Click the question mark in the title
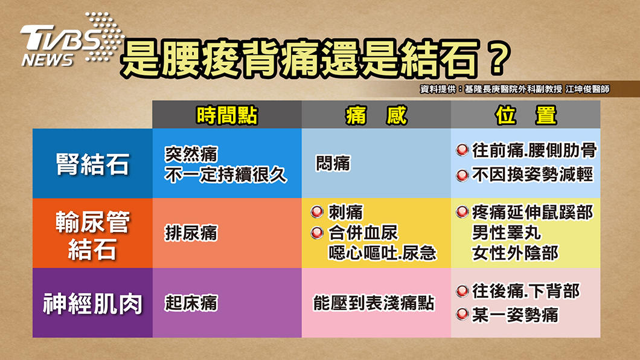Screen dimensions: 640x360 (498, 58)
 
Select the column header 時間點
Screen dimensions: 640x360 (227, 115)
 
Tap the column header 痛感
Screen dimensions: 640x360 (376, 115)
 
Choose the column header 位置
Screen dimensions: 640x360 (526, 115)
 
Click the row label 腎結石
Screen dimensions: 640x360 (92, 164)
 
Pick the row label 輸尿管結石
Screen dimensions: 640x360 (92, 236)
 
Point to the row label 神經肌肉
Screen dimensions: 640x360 (92, 304)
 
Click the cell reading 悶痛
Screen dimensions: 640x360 (333, 163)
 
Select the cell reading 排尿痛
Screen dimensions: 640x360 (191, 233)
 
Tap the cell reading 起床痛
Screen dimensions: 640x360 (191, 303)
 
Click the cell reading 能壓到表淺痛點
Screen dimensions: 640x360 (374, 303)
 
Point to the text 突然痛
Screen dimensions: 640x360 (191, 154)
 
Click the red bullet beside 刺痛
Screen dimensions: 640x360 (317, 212)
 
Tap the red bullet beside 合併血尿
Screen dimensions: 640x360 (317, 233)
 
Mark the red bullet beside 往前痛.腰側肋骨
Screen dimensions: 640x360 (462, 150)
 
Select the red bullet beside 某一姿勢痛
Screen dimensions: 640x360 (462, 315)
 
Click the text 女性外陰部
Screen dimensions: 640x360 (515, 253)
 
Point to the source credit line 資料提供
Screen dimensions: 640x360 (514, 89)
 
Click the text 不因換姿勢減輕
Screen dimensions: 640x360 (533, 175)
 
